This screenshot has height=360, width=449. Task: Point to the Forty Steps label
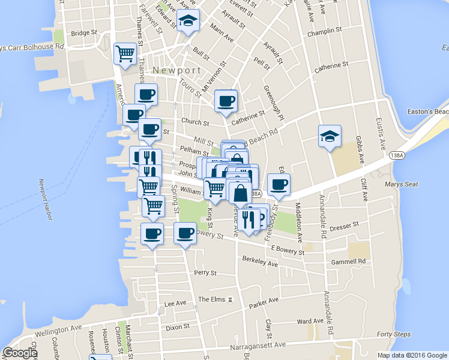393,335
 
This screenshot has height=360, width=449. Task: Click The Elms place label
211,299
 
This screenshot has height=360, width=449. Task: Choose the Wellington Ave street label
58,329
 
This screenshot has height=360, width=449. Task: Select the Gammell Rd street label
348,262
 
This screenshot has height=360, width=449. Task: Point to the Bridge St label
84,33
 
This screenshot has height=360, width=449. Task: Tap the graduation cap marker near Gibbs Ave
330,136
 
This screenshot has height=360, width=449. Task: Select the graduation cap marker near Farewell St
188,21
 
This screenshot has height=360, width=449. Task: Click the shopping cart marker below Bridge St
125,53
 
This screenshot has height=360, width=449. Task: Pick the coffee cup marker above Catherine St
226,101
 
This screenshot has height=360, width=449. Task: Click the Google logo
19,353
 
